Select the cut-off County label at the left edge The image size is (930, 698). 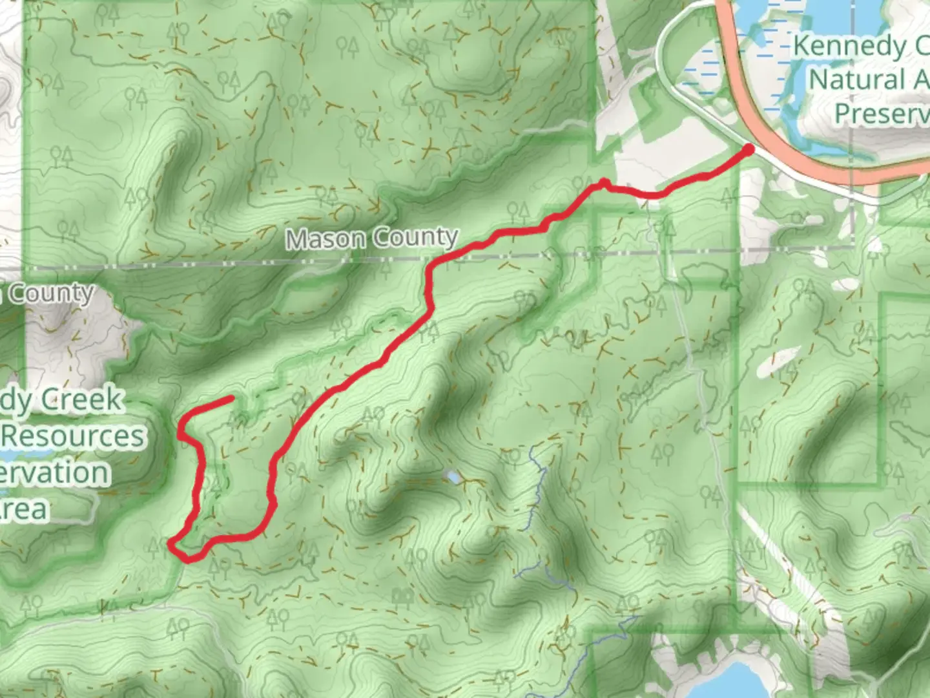[48, 293]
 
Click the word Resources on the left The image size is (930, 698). [72, 436]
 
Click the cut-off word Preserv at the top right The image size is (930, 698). [881, 114]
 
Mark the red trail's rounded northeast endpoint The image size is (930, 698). [749, 150]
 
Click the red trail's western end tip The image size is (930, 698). [231, 399]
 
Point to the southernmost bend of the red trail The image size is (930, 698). [189, 558]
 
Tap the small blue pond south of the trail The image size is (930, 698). [453, 478]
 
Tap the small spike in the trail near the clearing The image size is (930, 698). [603, 182]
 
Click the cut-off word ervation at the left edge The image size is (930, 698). [55, 472]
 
